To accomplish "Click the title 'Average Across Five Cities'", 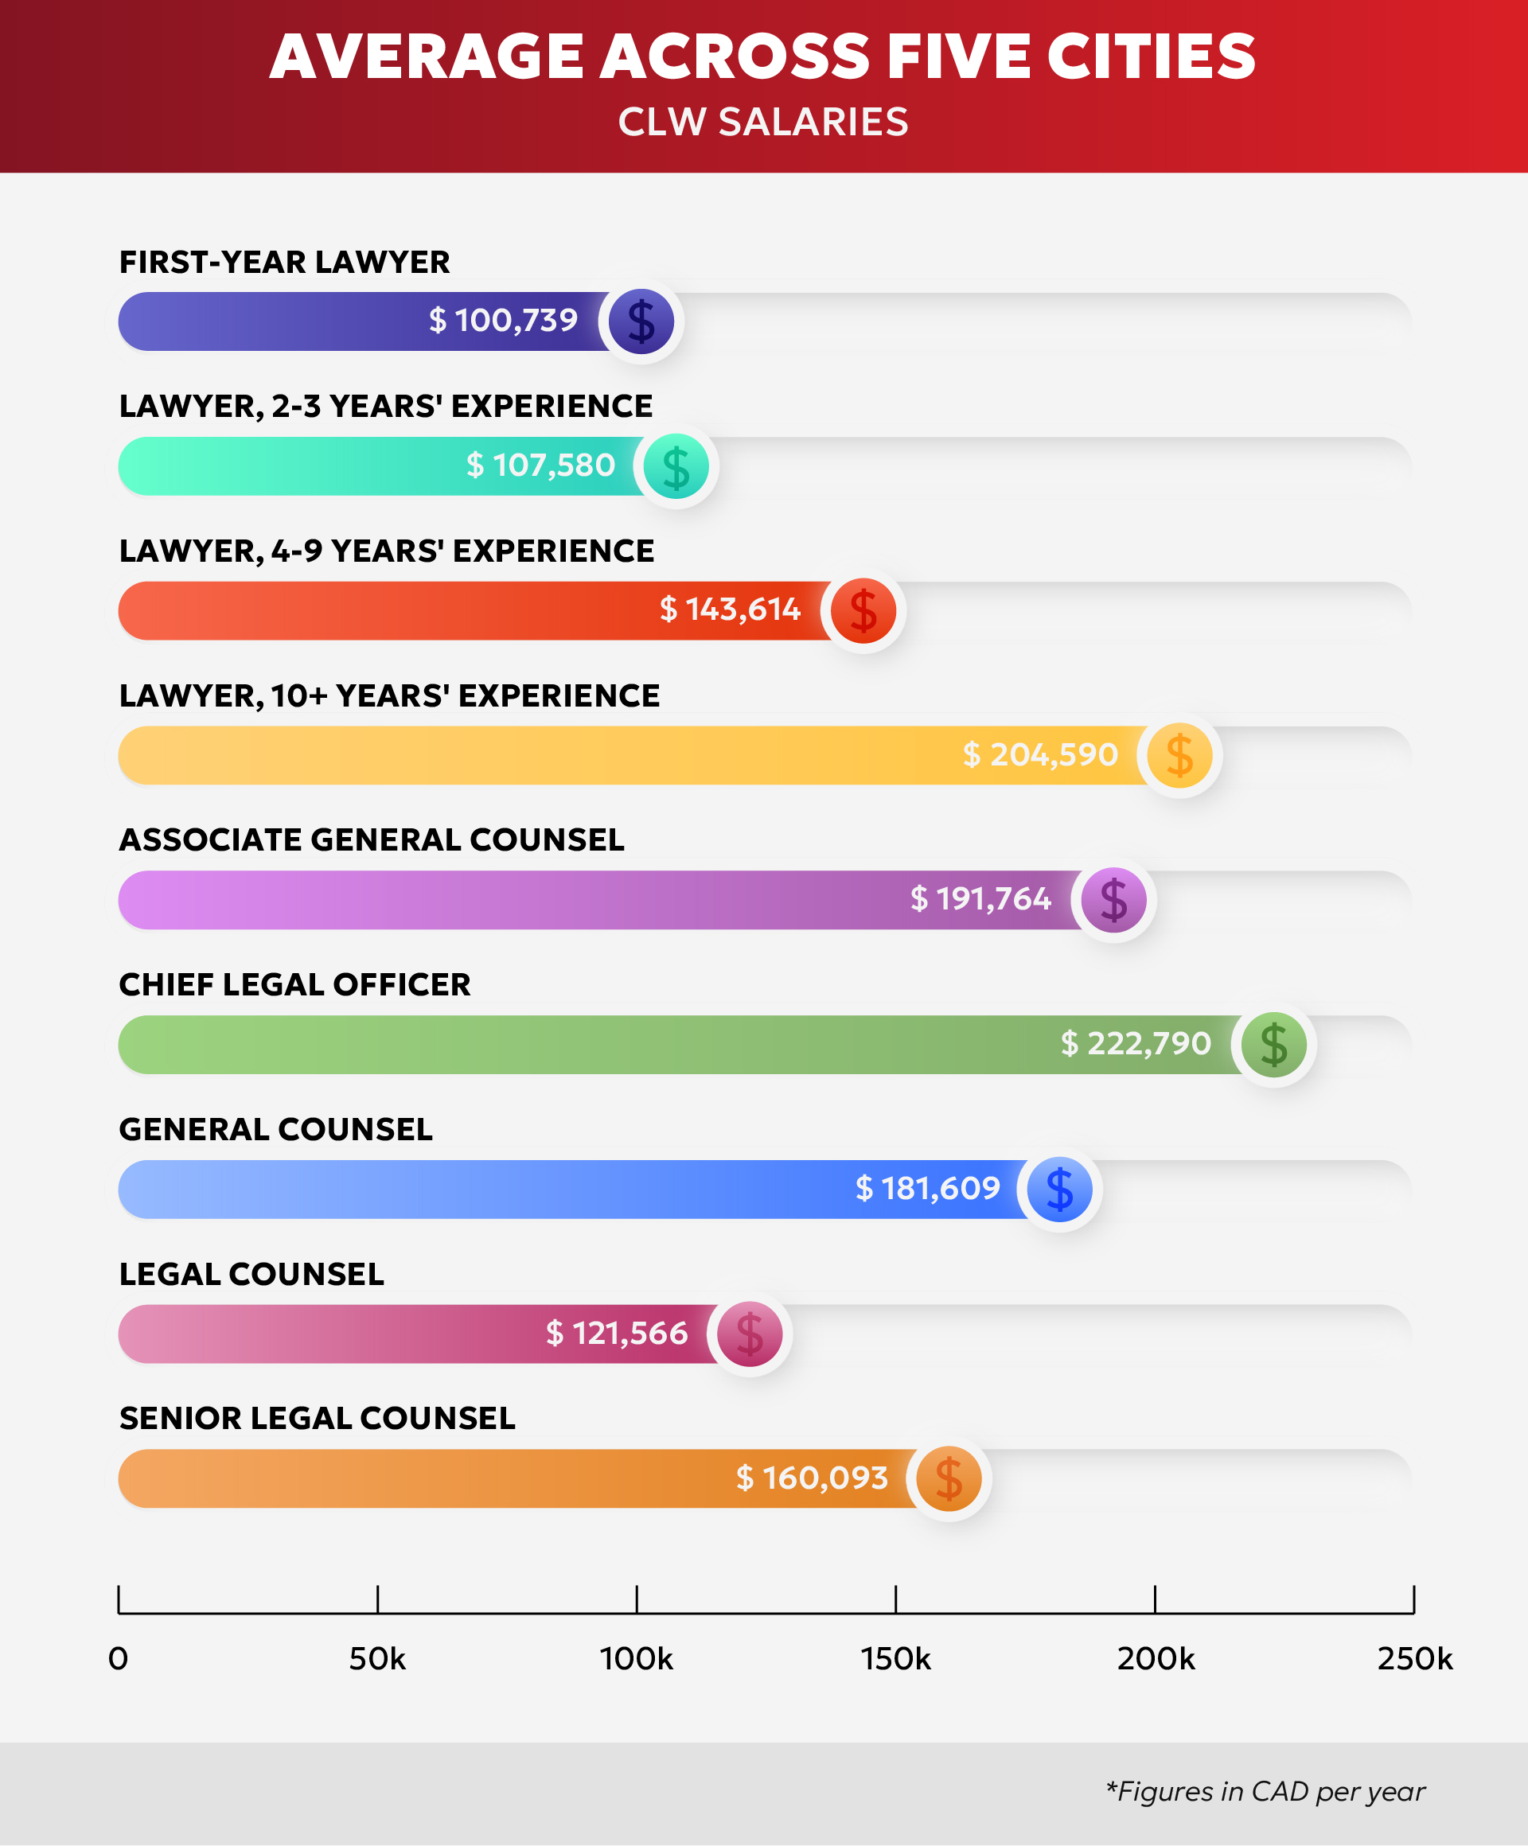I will click(x=762, y=57).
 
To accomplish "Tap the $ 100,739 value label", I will click(x=503, y=321).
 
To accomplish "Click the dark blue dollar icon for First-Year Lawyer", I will click(x=641, y=321).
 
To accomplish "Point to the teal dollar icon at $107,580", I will click(x=676, y=466).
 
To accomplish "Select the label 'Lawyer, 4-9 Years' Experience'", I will click(x=387, y=551).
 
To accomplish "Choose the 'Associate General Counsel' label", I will click(x=372, y=840).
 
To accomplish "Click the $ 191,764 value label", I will click(x=980, y=899).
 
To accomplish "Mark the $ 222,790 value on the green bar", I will click(x=1135, y=1043).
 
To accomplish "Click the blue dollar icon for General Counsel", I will click(x=1059, y=1190).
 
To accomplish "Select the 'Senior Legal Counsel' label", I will click(x=318, y=1419).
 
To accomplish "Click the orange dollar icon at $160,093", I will click(x=949, y=1478).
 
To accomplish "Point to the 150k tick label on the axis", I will click(x=895, y=1659).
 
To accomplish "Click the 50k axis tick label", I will click(x=377, y=1659).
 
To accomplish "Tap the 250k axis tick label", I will click(x=1413, y=1659).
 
